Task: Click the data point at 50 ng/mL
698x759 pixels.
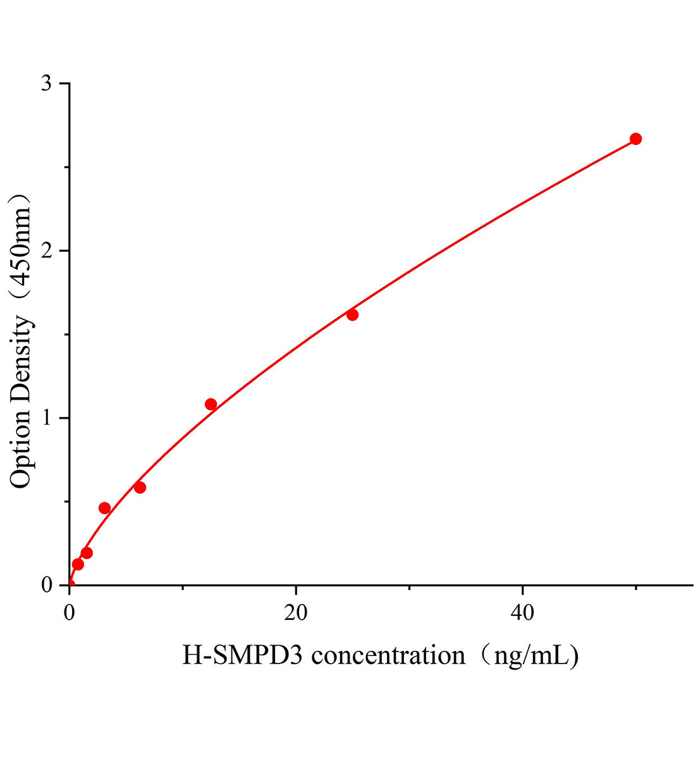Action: [x=635, y=139]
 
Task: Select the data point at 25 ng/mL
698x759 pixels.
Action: [x=352, y=314]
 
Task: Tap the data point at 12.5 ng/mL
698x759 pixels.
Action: [x=211, y=404]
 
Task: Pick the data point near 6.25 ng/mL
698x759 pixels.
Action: [x=140, y=487]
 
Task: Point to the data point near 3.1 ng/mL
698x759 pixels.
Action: [x=104, y=508]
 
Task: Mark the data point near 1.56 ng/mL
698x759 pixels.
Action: [x=87, y=553]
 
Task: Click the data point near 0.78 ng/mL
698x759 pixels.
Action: [x=78, y=564]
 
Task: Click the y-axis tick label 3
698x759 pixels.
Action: [x=46, y=85]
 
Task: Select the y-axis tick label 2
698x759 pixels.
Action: [x=46, y=252]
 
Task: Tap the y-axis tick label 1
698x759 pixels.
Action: [x=46, y=419]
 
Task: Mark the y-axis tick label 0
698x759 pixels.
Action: [x=46, y=586]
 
